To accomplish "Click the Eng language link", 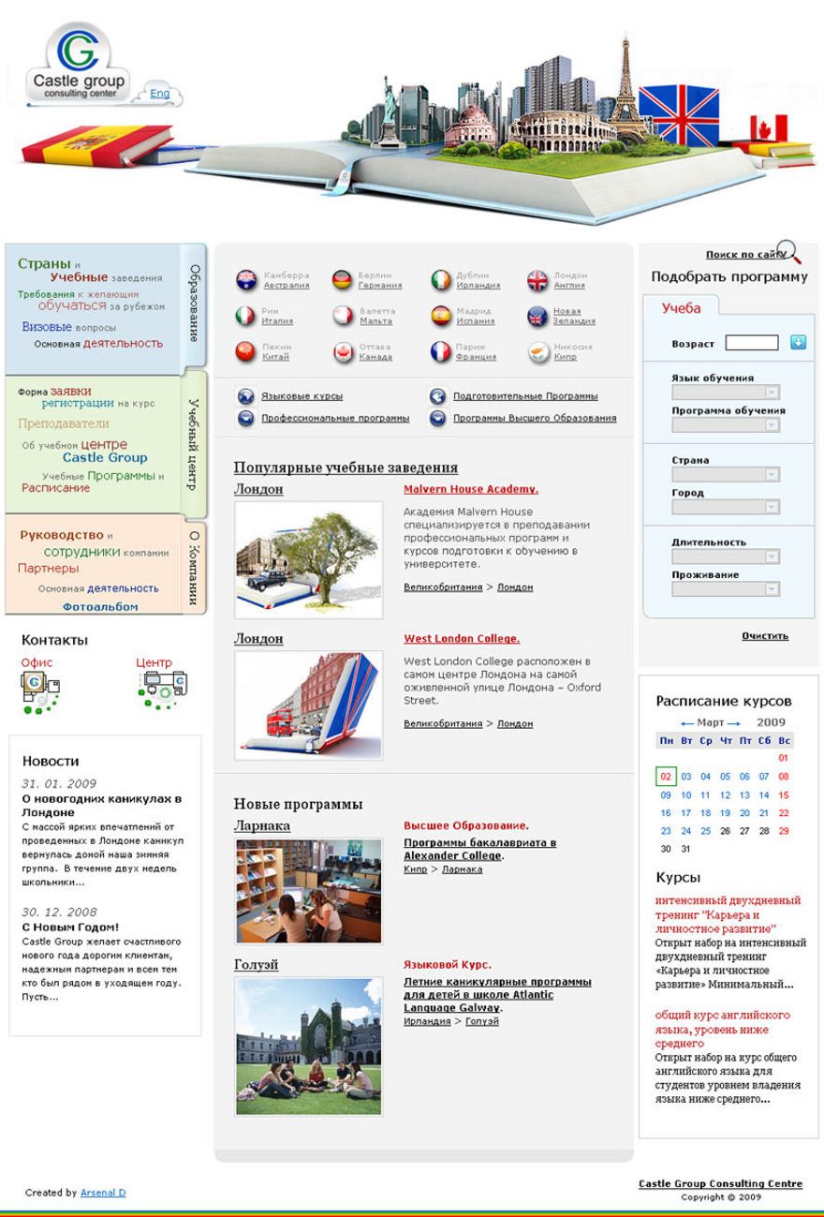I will click(x=160, y=94).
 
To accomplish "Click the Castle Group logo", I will click(x=77, y=66).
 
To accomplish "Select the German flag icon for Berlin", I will click(x=342, y=280).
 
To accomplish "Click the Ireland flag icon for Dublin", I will click(x=441, y=280).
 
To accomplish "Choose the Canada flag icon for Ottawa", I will click(x=344, y=352).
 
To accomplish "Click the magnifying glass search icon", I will click(x=789, y=251).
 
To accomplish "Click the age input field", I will click(x=751, y=343).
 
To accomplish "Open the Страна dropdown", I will click(x=726, y=475).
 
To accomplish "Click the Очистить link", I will click(x=765, y=636).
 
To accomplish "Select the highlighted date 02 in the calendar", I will click(x=666, y=777).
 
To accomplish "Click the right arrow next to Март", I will click(x=734, y=723).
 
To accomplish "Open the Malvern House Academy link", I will click(x=471, y=489).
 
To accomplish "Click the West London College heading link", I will click(x=462, y=639).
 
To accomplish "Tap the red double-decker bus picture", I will click(x=280, y=722).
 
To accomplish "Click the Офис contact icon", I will click(x=39, y=690).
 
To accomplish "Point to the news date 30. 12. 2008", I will click(x=59, y=912).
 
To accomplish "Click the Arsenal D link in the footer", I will click(x=103, y=1193).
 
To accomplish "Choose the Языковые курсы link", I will click(x=302, y=396).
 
